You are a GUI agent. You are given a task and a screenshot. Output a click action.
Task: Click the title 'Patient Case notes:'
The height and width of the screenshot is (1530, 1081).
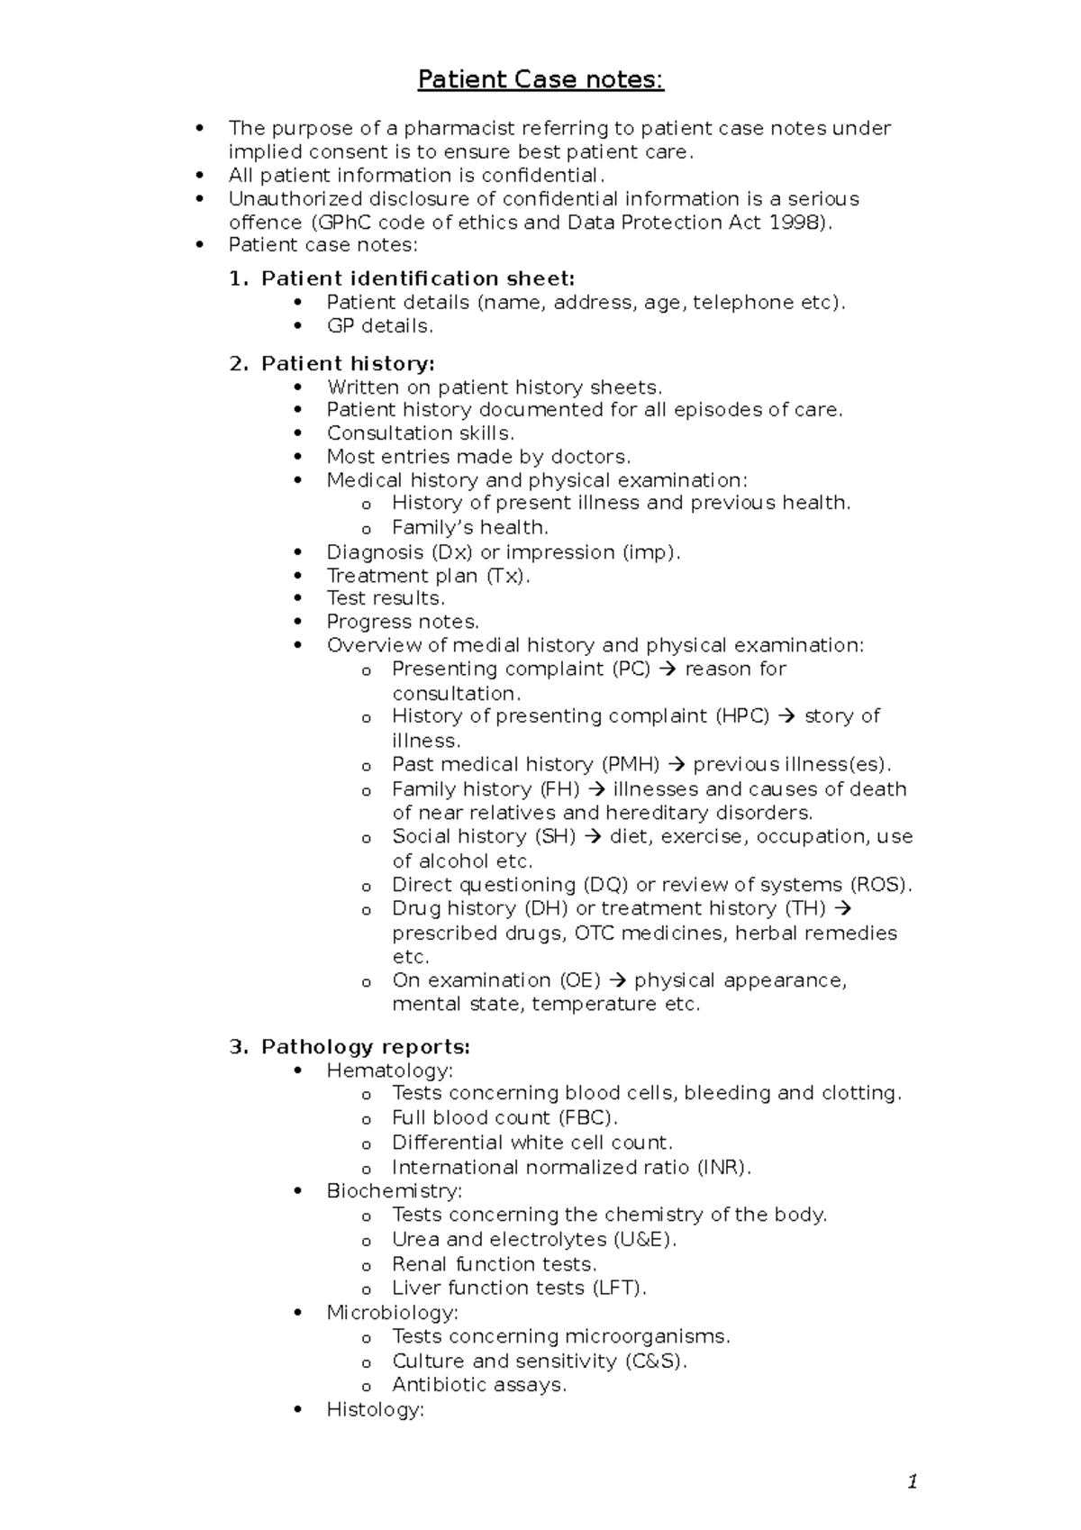(540, 80)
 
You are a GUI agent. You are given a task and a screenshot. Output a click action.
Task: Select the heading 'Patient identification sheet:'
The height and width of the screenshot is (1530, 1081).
(417, 278)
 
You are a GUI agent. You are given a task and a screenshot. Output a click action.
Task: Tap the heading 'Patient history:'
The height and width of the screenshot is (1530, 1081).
(348, 363)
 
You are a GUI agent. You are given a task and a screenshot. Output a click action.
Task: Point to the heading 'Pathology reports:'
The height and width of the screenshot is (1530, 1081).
(365, 1046)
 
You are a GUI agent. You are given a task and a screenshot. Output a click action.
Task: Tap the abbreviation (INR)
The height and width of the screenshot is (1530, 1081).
(722, 1167)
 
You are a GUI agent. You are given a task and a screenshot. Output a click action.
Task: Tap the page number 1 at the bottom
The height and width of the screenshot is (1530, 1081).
(913, 1481)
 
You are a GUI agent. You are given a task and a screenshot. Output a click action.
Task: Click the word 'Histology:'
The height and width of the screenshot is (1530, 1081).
(375, 1409)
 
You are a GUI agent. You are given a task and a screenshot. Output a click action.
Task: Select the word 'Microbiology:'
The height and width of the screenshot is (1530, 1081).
(393, 1312)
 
